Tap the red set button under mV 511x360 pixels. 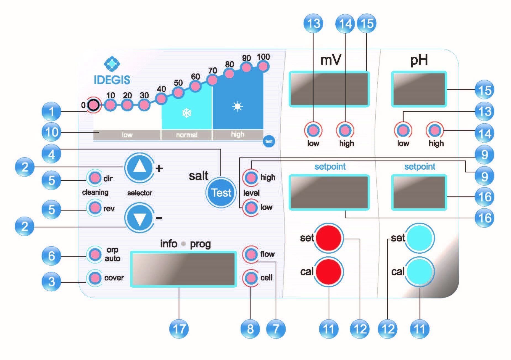click(x=329, y=238)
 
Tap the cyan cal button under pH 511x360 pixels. click(x=419, y=272)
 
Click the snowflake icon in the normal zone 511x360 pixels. click(x=187, y=113)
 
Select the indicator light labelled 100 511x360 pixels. click(x=263, y=66)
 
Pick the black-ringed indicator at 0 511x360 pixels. click(x=94, y=105)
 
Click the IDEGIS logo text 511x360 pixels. click(x=112, y=80)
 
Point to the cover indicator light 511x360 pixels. click(x=95, y=277)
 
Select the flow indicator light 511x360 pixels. click(x=251, y=254)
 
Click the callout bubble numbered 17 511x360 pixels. click(x=179, y=329)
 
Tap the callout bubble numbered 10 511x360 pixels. click(x=51, y=132)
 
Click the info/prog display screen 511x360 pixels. click(x=183, y=269)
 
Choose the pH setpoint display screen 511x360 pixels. click(x=419, y=192)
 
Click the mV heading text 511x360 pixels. click(x=331, y=60)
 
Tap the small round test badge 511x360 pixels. click(x=269, y=141)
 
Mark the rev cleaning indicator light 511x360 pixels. click(x=95, y=208)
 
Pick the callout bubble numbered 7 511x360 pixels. click(x=276, y=329)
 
